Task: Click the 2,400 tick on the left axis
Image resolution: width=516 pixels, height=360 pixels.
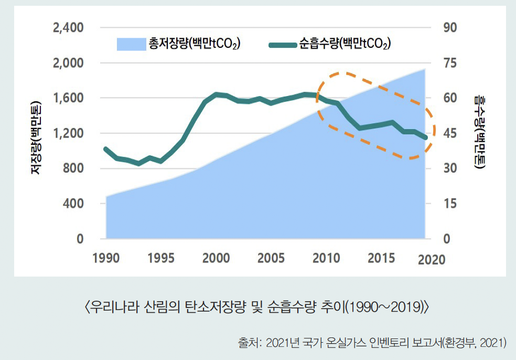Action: pyautogui.click(x=69, y=27)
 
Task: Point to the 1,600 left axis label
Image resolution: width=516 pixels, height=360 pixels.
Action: pyautogui.click(x=69, y=98)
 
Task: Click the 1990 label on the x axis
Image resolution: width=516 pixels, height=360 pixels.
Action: pyautogui.click(x=106, y=259)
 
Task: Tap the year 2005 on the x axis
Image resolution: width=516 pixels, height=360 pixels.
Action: pyautogui.click(x=271, y=259)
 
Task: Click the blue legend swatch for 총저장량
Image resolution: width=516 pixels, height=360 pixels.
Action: pyautogui.click(x=131, y=44)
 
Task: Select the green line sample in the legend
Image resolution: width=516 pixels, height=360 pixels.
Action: pyautogui.click(x=283, y=45)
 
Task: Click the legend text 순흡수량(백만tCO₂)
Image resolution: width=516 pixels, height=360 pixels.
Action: pyautogui.click(x=345, y=44)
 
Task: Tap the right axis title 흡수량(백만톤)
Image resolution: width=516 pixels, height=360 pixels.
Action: pyautogui.click(x=479, y=131)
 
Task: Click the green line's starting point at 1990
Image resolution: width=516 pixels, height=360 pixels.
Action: pyautogui.click(x=106, y=149)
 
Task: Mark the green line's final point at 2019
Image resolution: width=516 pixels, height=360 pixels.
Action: pyautogui.click(x=425, y=137)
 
